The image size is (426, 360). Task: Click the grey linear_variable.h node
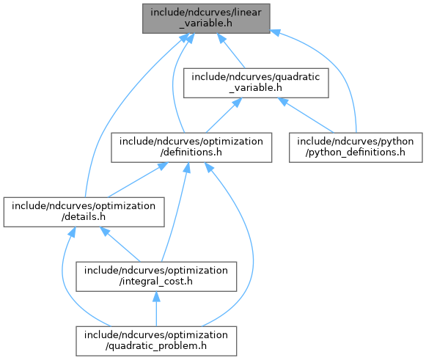(x=206, y=18)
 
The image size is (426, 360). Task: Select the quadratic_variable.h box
(x=256, y=83)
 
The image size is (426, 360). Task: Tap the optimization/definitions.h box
(x=191, y=147)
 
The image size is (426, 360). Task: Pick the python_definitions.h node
(x=356, y=147)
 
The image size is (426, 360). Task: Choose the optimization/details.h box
(x=84, y=212)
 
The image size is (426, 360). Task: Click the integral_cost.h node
(x=156, y=276)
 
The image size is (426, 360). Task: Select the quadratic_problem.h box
(x=156, y=341)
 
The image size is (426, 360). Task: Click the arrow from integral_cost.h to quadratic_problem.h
(x=156, y=309)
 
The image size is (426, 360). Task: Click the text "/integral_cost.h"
(x=156, y=282)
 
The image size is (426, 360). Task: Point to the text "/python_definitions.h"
(x=356, y=153)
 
